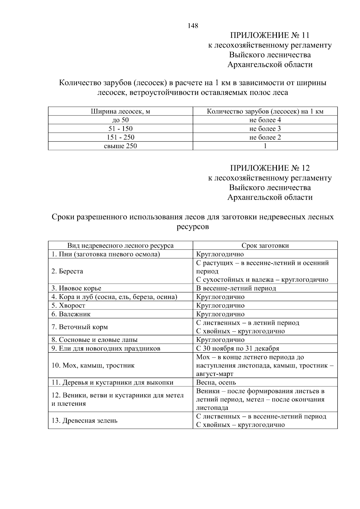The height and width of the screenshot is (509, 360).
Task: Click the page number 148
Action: tap(193, 26)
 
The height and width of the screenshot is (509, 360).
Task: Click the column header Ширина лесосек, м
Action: tap(120, 112)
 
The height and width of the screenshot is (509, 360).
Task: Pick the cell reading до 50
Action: tap(120, 120)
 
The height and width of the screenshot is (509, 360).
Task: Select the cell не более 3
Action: tap(265, 129)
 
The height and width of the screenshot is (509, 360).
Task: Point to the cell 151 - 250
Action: tap(120, 138)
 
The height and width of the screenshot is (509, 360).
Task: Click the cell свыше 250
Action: tap(120, 146)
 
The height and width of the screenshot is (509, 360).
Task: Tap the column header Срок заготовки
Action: tap(265, 246)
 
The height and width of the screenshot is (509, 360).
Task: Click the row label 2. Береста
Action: tap(67, 271)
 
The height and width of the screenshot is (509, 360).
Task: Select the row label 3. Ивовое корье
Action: tap(76, 289)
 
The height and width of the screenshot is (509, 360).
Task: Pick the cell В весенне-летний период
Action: tap(236, 289)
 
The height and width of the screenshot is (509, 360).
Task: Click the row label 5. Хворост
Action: tap(68, 306)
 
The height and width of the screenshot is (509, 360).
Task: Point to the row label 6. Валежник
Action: tap(71, 314)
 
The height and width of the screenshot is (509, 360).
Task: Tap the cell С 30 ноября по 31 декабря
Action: tap(238, 349)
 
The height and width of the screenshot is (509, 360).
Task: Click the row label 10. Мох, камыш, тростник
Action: tap(93, 366)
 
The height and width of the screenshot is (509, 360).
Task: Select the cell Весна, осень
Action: tap(216, 383)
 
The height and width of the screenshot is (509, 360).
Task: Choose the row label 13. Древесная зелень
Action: tap(84, 421)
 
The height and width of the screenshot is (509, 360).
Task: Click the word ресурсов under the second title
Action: tap(193, 227)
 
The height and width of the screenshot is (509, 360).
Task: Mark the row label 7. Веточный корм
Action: tap(79, 327)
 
